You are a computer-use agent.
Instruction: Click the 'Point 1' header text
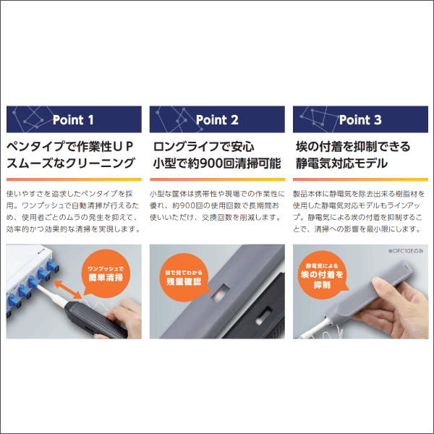[x=73, y=120]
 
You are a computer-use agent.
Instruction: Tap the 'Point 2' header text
[x=217, y=120]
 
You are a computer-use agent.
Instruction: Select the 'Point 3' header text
[x=360, y=120]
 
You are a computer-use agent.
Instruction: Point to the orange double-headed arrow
[x=68, y=289]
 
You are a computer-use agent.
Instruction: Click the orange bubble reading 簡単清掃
[x=106, y=273]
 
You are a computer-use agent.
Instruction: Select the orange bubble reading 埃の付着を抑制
[x=322, y=275]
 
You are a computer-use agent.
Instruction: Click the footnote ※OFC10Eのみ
[x=406, y=251]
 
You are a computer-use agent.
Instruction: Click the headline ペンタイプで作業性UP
[x=69, y=146]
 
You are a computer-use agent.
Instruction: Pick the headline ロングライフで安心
[x=203, y=146]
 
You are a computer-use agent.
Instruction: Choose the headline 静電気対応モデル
[x=341, y=163]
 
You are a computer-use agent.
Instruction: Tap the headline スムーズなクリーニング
[x=71, y=163]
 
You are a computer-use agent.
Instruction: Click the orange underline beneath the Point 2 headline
[x=217, y=179]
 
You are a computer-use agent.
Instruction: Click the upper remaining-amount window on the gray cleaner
[x=221, y=292]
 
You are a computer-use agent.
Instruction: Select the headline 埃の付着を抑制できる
[x=353, y=146]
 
